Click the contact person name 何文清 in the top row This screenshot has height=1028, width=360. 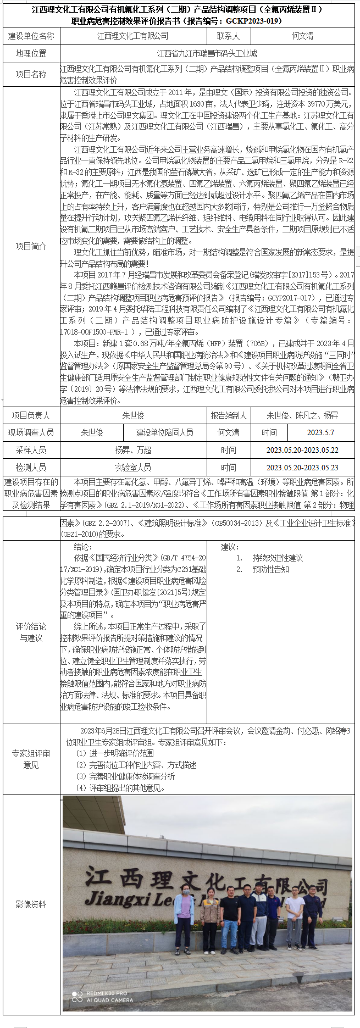coord(302,36)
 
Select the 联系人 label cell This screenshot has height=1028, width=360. coord(228,36)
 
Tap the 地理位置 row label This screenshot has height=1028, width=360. coord(31,53)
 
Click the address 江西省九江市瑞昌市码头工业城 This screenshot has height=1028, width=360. coord(207,53)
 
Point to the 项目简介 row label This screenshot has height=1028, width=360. coord(31,246)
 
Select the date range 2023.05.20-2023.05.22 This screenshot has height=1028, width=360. coord(302,450)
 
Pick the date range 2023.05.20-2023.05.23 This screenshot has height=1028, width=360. coord(302,468)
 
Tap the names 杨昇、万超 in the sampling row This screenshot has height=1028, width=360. coord(133,450)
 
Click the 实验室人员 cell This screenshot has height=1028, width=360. coord(133,468)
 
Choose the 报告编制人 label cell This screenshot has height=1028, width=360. coord(229,415)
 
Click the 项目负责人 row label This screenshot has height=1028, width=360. coord(31,415)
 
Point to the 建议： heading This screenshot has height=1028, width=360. coord(230,547)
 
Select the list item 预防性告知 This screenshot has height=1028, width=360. coord(270,569)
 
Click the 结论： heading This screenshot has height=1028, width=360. coord(83,547)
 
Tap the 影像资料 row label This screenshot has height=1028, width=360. coord(31,904)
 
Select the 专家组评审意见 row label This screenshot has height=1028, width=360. coord(31,759)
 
